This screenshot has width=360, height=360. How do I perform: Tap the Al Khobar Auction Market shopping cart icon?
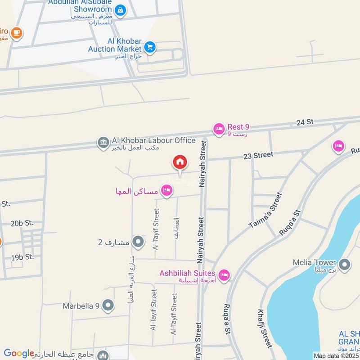[150, 46]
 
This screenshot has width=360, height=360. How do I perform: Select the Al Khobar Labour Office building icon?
[103, 143]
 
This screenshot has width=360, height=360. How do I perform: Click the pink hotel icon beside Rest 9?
[219, 129]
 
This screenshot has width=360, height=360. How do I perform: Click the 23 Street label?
[258, 155]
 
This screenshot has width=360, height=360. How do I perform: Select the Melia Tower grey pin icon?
[345, 265]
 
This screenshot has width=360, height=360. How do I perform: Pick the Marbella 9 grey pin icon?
[108, 306]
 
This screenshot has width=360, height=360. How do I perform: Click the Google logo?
[18, 353]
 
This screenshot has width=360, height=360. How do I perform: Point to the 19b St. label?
[23, 257]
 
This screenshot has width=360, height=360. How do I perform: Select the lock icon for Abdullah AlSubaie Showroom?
[120, 9]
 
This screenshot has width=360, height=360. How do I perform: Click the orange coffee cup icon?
[17, 33]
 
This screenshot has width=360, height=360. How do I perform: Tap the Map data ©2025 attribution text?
[336, 355]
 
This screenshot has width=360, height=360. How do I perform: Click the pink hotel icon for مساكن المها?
[167, 191]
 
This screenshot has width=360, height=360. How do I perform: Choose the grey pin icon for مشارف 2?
[138, 242]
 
